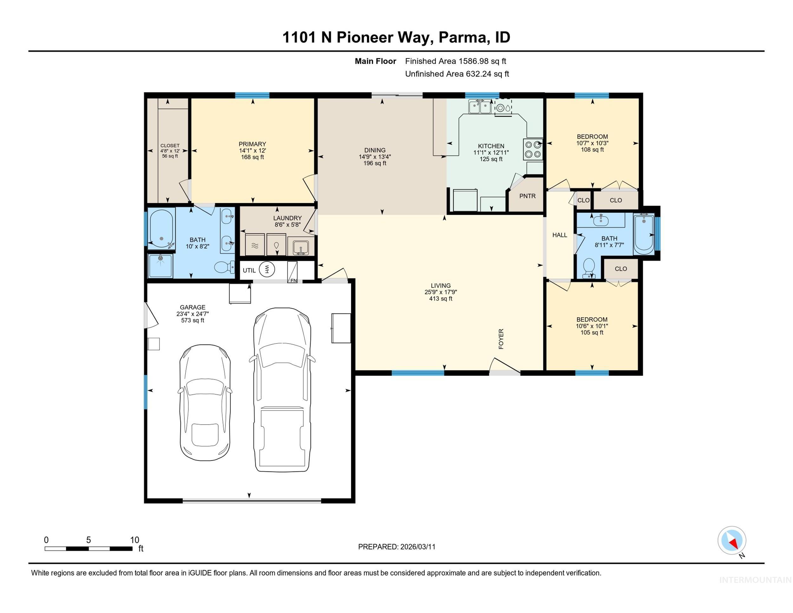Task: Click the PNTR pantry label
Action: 527,196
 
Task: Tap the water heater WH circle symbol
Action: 267,269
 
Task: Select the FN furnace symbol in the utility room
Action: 293,272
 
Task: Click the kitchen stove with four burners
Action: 533,149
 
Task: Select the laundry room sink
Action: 301,247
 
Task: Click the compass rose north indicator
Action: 732,540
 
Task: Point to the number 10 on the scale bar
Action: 134,540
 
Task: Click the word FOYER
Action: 501,339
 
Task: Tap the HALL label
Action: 560,235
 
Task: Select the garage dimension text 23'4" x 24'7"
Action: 193,314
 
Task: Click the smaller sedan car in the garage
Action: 205,402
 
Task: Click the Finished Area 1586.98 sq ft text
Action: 455,61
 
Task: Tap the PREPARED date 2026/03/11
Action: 417,547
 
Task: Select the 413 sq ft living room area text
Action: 441,299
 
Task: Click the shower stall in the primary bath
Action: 161,266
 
